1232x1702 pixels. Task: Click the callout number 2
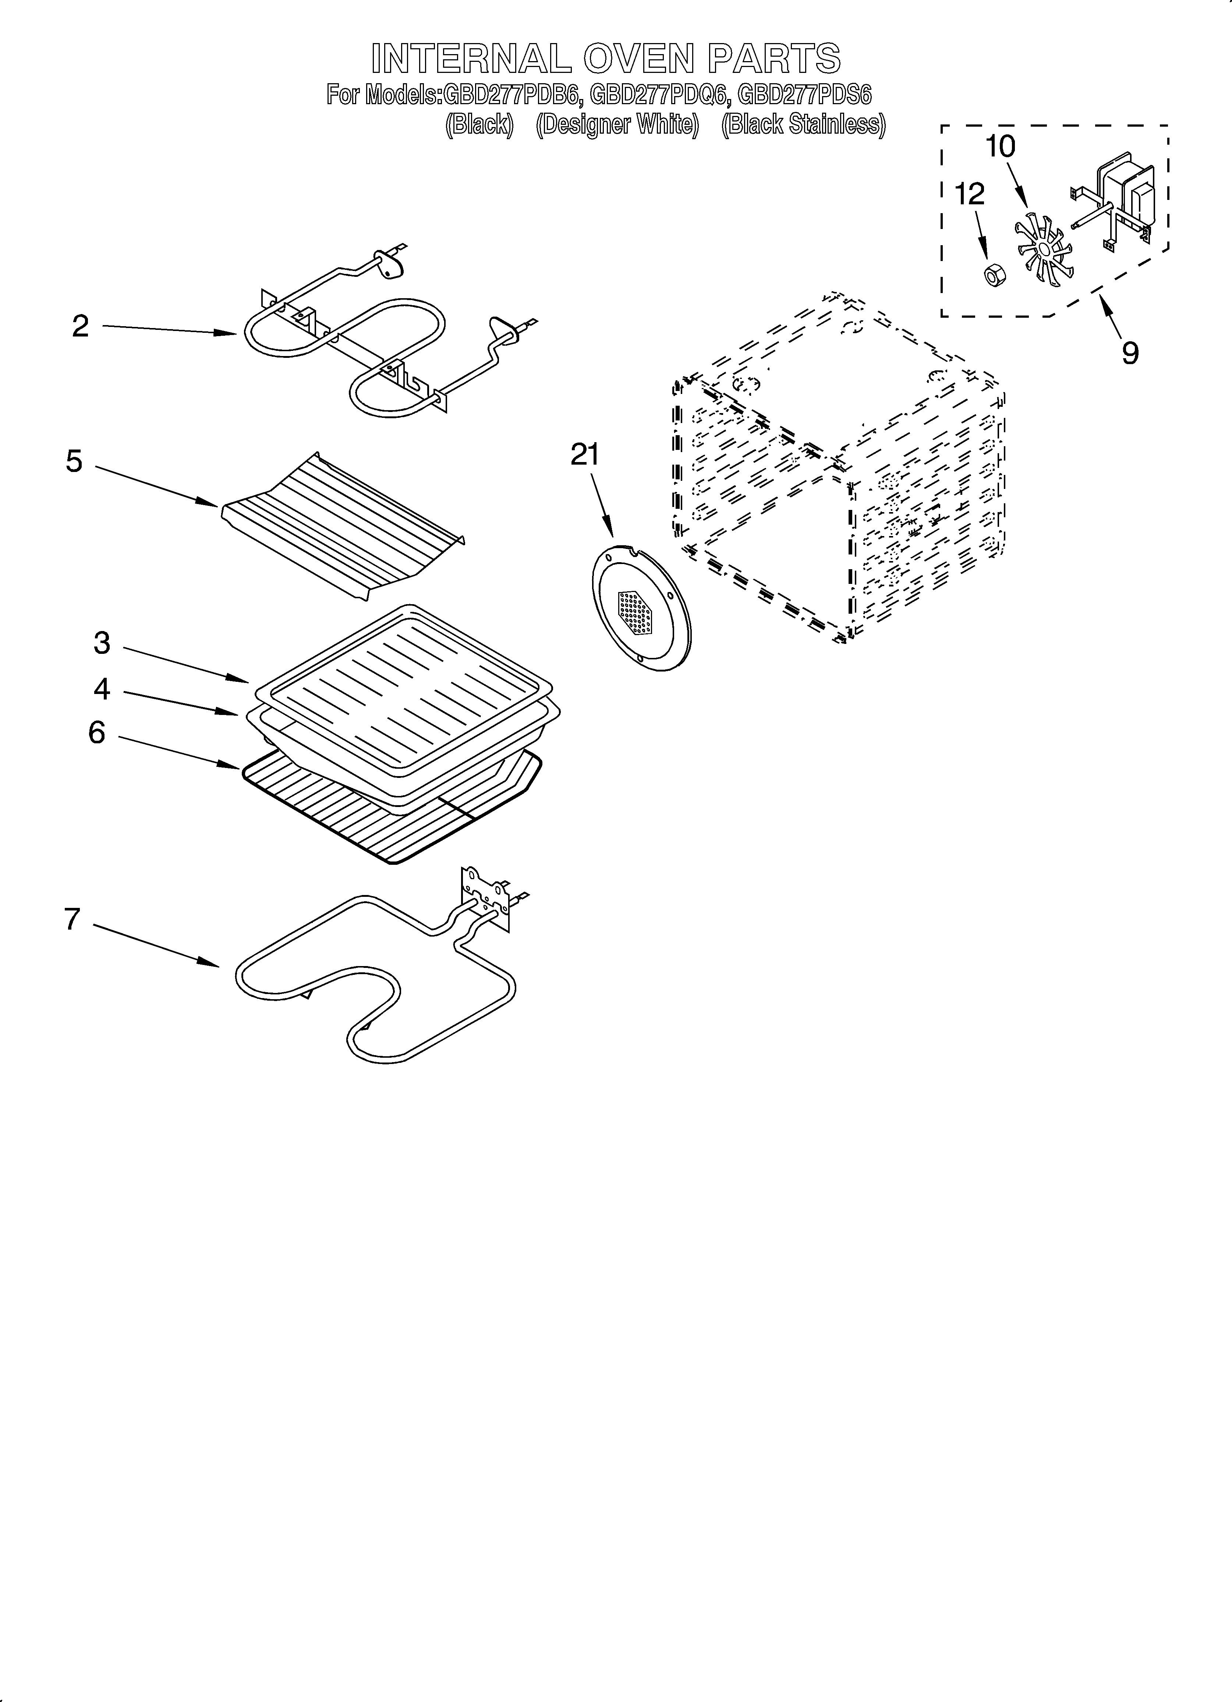pyautogui.click(x=80, y=327)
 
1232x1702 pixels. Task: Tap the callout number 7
pyautogui.click(x=72, y=919)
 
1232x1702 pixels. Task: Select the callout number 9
pyautogui.click(x=1130, y=353)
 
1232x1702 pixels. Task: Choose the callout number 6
pyautogui.click(x=97, y=732)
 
